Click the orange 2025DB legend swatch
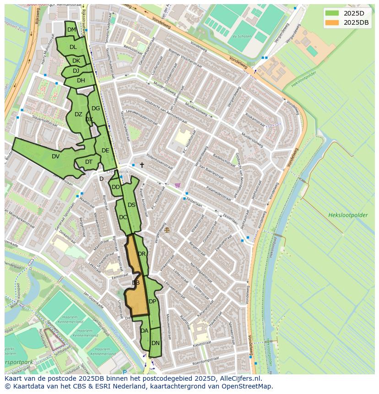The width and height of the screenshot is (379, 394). [333, 22]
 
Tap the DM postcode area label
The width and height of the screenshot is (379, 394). [71, 30]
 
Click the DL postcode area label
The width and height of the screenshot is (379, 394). [73, 47]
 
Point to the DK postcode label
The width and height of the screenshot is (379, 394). [76, 61]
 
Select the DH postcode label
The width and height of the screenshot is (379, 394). [81, 81]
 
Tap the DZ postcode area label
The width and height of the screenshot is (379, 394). [78, 114]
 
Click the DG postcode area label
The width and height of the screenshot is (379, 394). [95, 108]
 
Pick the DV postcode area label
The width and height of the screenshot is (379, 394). [55, 156]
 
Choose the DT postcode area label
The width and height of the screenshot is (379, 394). [89, 162]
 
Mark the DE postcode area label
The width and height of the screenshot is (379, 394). [105, 150]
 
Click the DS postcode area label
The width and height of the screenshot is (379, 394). [131, 205]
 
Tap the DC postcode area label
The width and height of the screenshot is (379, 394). [123, 217]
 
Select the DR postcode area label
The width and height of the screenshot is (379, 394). [141, 254]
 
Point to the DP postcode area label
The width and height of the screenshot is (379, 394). [152, 301]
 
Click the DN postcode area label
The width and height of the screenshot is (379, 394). [156, 343]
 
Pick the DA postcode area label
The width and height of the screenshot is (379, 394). [144, 330]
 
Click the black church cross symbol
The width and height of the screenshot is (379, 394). [142, 165]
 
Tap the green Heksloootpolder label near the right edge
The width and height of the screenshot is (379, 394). [347, 215]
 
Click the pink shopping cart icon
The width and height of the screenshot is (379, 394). [178, 185]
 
